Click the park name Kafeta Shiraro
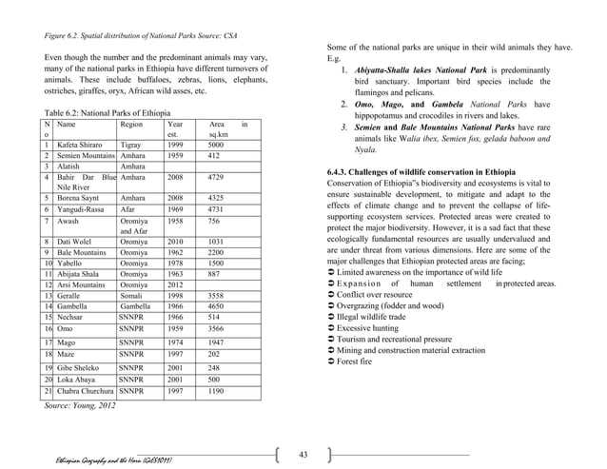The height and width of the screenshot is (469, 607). tap(81, 146)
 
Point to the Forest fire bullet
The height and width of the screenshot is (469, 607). tap(362, 360)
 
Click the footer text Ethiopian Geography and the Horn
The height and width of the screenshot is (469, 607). tap(118, 459)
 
